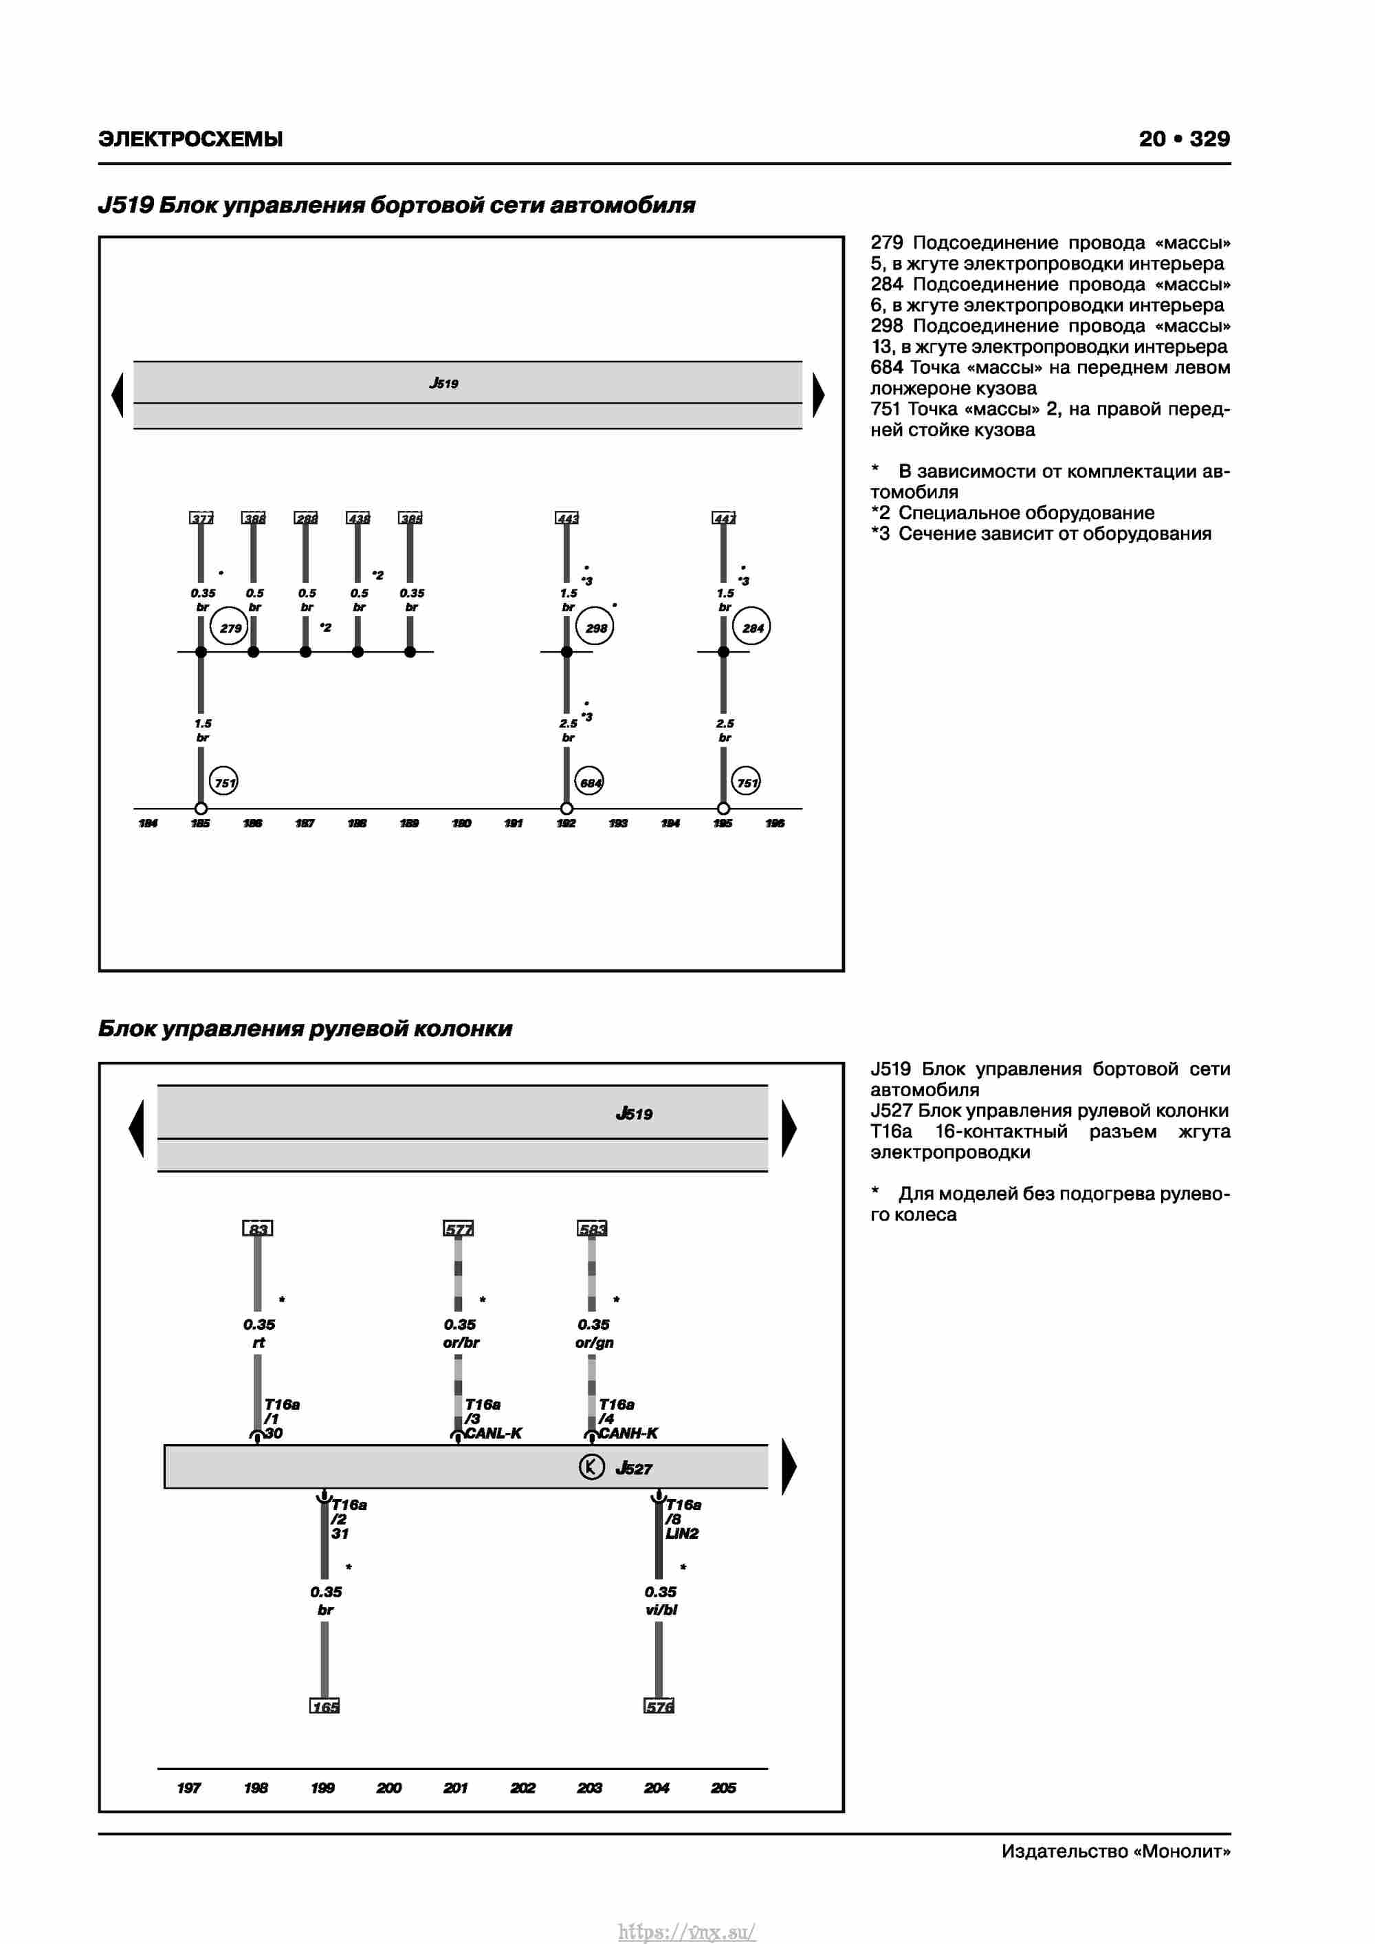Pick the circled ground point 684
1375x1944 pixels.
(x=590, y=783)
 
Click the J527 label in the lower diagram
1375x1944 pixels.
(x=633, y=1467)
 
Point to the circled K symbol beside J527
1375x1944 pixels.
(x=591, y=1467)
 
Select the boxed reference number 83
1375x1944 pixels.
(x=257, y=1229)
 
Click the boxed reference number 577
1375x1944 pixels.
(x=458, y=1229)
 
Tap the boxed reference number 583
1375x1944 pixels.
(x=592, y=1229)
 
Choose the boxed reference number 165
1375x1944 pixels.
(x=324, y=1706)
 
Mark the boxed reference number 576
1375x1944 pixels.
(x=659, y=1706)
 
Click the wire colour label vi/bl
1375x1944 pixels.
(x=661, y=1610)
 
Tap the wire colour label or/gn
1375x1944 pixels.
(x=595, y=1342)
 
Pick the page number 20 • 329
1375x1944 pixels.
(x=1184, y=139)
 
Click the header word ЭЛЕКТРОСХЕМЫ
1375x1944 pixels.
(x=190, y=139)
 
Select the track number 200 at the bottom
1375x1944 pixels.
(x=388, y=1787)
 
